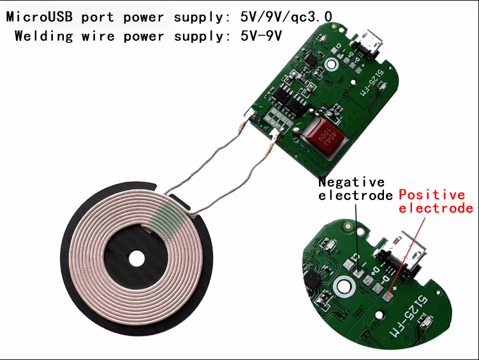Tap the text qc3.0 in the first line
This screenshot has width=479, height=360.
click(313, 16)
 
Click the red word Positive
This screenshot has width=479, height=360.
click(432, 195)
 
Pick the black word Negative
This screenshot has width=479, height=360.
click(351, 182)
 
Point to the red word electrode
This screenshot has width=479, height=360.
click(436, 208)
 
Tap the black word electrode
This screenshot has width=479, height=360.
click(355, 195)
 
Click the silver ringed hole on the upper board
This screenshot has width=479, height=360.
click(330, 64)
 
